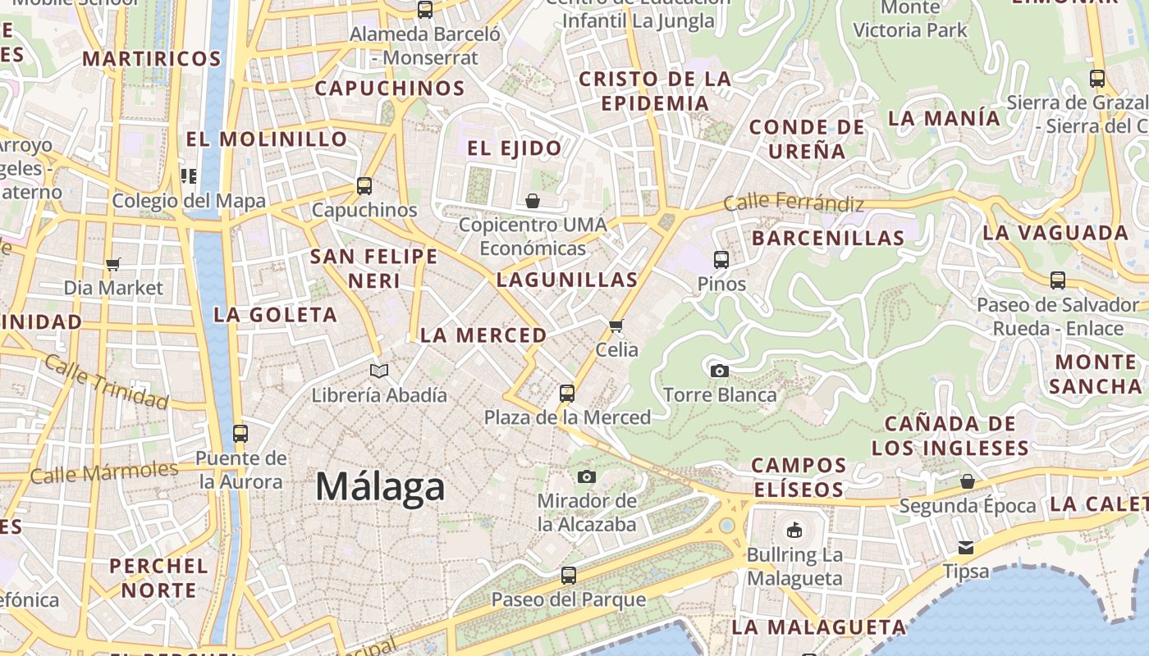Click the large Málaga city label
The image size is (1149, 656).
(380, 487)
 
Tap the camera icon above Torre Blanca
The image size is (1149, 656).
(720, 371)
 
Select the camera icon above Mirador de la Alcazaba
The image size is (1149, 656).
(586, 476)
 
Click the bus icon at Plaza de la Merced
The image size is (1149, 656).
(566, 393)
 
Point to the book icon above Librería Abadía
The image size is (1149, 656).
(378, 371)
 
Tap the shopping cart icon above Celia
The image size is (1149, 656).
(616, 326)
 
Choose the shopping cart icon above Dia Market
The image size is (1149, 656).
(113, 264)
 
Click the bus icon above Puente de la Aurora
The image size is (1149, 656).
(240, 434)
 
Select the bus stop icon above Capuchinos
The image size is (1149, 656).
(364, 186)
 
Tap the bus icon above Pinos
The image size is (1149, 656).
(721, 260)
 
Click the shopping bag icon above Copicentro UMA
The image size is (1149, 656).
(533, 200)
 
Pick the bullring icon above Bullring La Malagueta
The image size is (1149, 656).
(794, 531)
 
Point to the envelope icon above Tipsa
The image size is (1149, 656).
(966, 547)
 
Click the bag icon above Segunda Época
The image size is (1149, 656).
(968, 481)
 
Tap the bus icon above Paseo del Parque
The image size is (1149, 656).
(568, 576)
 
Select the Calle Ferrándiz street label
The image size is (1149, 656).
(794, 202)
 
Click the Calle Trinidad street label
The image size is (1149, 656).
(106, 381)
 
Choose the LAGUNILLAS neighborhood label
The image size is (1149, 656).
(567, 280)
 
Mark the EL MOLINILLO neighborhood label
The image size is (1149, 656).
(267, 139)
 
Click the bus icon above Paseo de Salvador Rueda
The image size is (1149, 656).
(1058, 280)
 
